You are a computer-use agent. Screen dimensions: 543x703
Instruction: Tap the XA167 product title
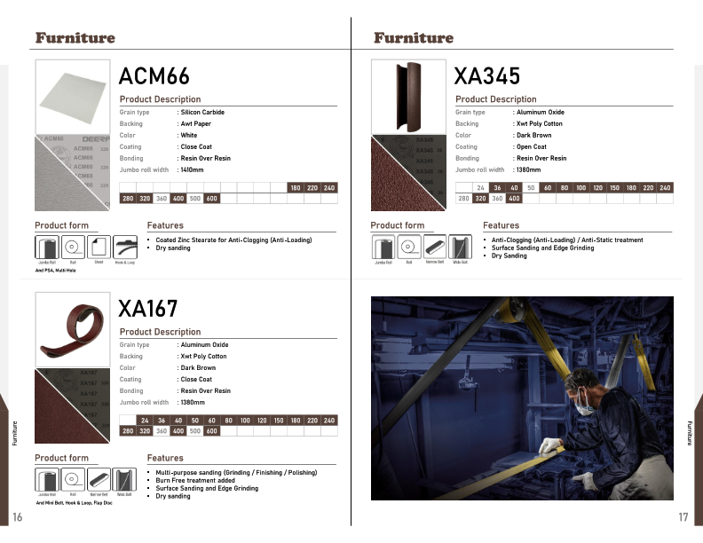point(148,309)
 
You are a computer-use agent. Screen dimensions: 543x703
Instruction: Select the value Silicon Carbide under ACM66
point(202,113)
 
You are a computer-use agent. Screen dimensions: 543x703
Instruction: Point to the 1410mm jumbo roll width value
point(192,169)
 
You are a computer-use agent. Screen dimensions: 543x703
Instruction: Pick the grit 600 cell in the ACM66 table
point(211,199)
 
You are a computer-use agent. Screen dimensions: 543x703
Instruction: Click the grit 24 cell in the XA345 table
point(480,188)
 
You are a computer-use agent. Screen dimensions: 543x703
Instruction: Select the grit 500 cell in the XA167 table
point(194,431)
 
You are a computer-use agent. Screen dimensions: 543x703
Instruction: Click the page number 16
point(17,517)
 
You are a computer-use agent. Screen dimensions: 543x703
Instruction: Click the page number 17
point(683,517)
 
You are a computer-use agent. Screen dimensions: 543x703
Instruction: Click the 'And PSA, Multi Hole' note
point(56,270)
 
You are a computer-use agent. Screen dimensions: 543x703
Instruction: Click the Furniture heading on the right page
point(413,38)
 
